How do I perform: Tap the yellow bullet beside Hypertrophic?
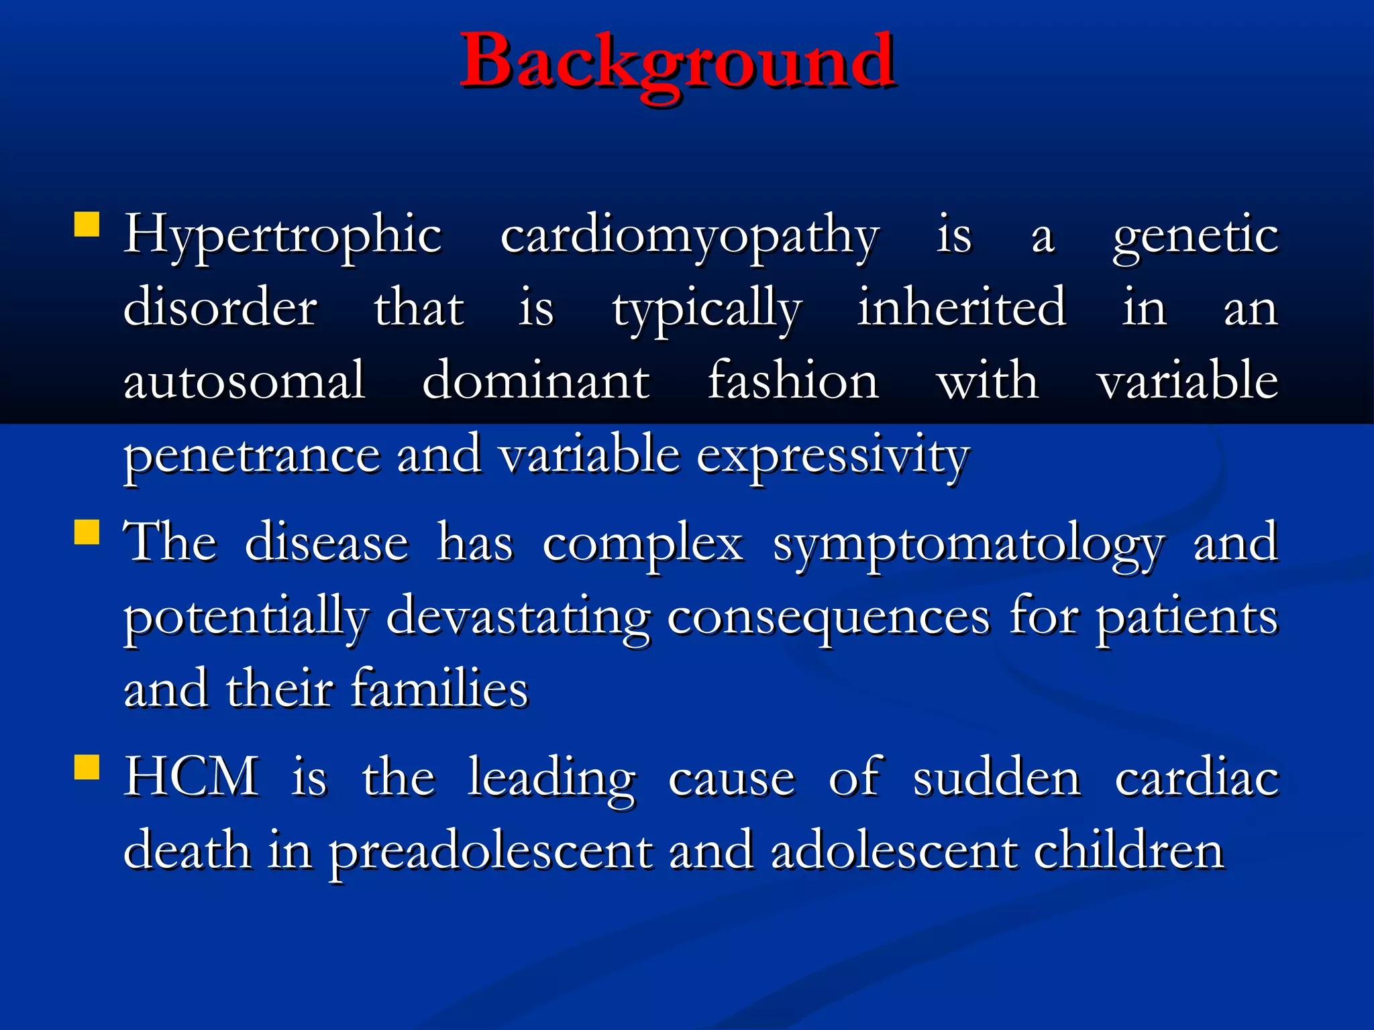pyautogui.click(x=87, y=225)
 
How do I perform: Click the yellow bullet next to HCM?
pyautogui.click(x=87, y=767)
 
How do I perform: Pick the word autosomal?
pyautogui.click(x=244, y=381)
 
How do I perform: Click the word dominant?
pyautogui.click(x=535, y=381)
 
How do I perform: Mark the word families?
pyautogui.click(x=439, y=689)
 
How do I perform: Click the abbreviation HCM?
pyautogui.click(x=192, y=777)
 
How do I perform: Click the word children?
pyautogui.click(x=1129, y=850)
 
